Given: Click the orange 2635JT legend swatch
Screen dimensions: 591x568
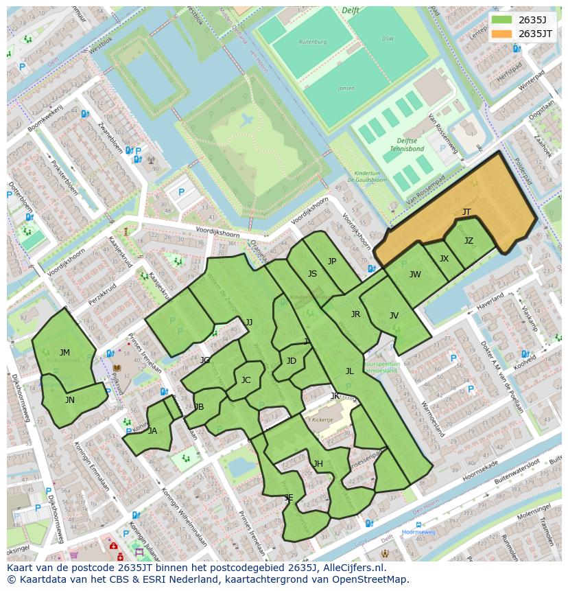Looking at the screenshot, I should click(501, 34).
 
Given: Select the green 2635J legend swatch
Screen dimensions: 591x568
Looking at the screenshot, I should click(501, 20).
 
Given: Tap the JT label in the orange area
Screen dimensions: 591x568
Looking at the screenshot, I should click(466, 211).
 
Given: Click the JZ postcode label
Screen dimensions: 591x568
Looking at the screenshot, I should click(469, 241).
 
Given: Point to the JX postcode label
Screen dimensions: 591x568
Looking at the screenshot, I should click(444, 259).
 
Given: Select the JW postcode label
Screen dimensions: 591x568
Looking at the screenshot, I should click(415, 275).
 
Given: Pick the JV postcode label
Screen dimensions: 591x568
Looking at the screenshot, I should click(394, 316).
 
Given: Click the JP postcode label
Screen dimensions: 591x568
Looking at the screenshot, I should click(332, 261).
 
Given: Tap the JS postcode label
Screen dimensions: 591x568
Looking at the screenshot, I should click(312, 273).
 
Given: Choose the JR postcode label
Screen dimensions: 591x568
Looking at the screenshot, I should click(355, 314).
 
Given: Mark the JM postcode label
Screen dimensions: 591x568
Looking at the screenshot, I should click(64, 352).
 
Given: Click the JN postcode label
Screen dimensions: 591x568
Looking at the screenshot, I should click(70, 399).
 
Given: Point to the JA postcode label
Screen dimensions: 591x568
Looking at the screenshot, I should click(152, 431).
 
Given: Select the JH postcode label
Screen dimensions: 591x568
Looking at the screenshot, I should click(318, 464).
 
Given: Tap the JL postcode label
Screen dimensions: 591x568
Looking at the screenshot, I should click(349, 371).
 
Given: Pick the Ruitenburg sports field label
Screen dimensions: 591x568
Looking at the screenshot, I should click(312, 42).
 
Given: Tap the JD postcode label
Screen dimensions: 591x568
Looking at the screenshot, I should click(292, 361).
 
